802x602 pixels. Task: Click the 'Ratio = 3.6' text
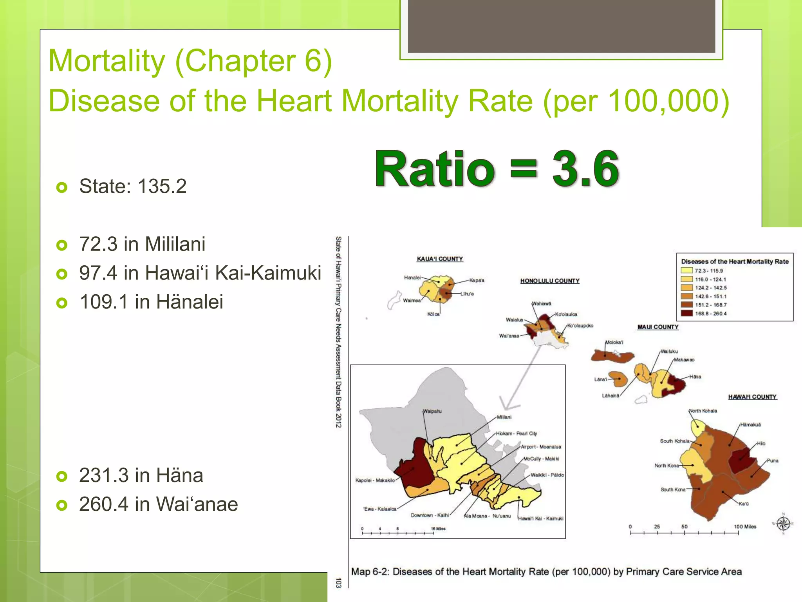click(x=497, y=169)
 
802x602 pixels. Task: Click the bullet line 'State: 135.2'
click(x=132, y=186)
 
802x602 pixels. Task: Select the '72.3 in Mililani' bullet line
click(x=142, y=244)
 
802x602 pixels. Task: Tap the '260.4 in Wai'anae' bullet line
click(x=158, y=504)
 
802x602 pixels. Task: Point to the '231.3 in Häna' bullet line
click(x=141, y=475)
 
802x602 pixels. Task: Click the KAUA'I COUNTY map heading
click(x=440, y=259)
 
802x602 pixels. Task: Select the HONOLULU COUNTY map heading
click(x=550, y=281)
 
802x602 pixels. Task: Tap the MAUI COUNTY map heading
click(x=658, y=327)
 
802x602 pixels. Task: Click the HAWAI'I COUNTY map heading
click(x=752, y=397)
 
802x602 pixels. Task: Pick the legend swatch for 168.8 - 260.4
click(x=687, y=313)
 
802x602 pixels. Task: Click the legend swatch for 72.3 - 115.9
click(x=687, y=270)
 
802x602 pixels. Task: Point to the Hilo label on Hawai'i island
click(x=761, y=443)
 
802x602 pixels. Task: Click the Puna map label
click(x=772, y=461)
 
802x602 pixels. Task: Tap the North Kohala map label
click(x=703, y=411)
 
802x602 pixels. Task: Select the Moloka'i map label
click(x=614, y=342)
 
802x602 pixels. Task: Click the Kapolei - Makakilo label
click(x=375, y=480)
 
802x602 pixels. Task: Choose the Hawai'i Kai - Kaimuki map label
click(x=541, y=519)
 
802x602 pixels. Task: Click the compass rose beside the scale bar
click(x=783, y=524)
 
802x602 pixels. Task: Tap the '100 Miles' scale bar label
click(x=745, y=526)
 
